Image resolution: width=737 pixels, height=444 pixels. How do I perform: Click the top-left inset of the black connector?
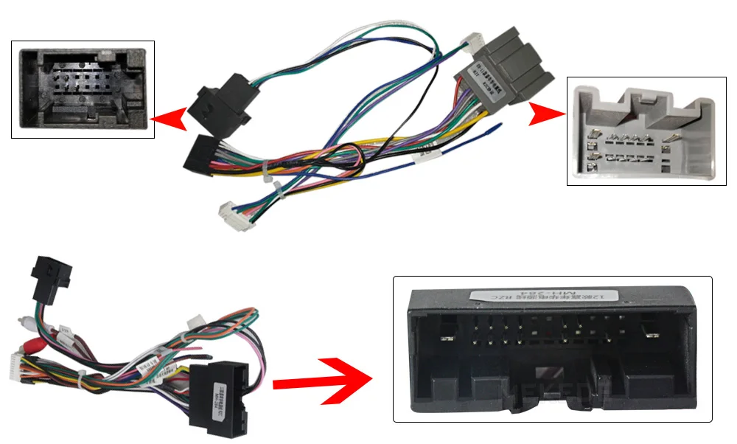point(83,89)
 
